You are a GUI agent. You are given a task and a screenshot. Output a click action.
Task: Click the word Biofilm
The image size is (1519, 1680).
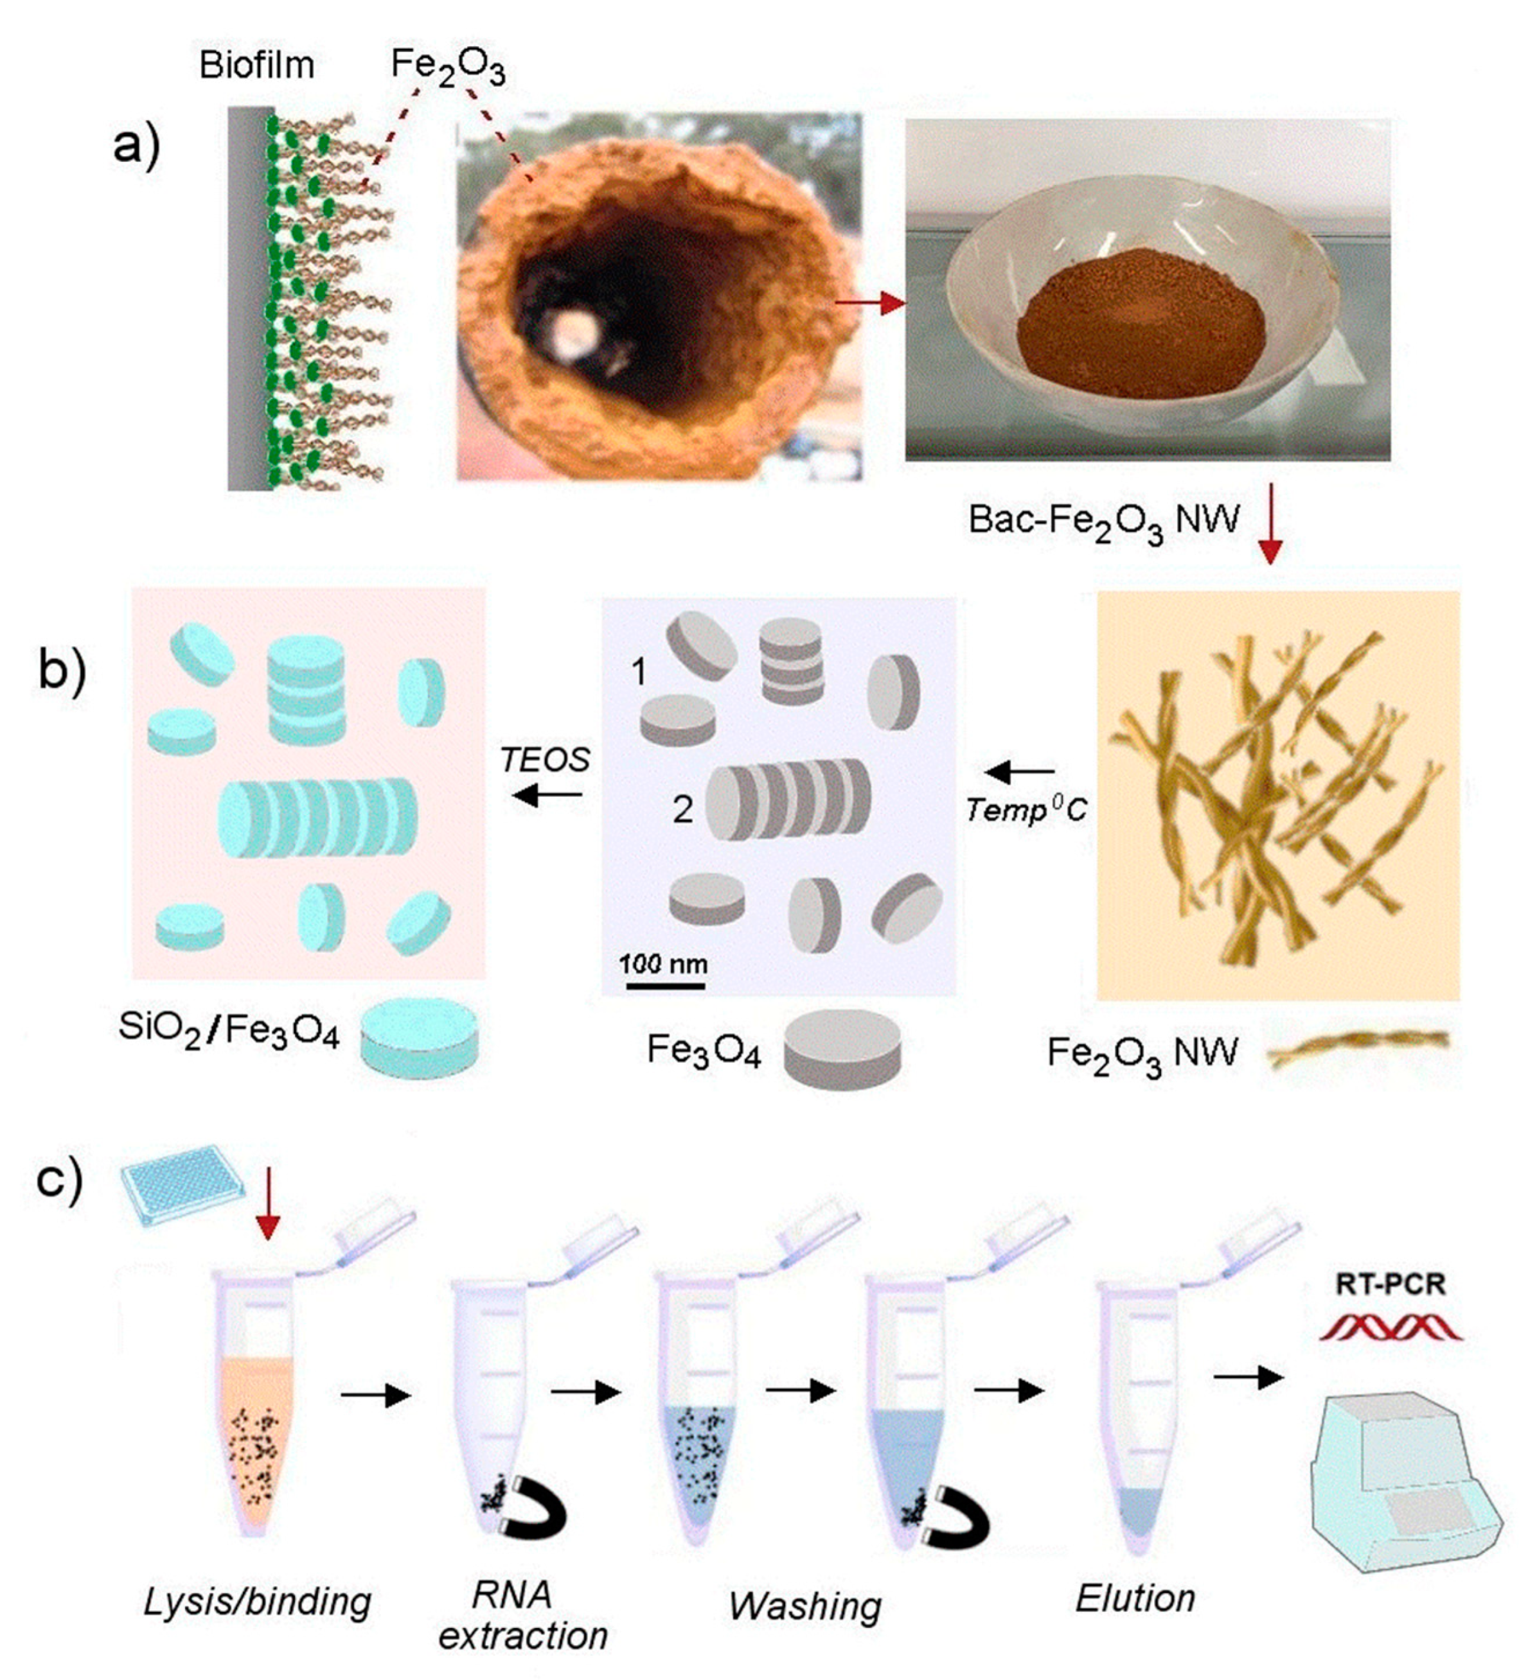(x=257, y=64)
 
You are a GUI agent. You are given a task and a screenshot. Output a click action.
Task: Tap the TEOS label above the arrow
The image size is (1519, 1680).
(x=546, y=759)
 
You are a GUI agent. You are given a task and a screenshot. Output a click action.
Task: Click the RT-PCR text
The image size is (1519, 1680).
(x=1390, y=1284)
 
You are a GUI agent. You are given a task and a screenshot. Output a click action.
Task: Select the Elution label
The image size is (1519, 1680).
(x=1135, y=1598)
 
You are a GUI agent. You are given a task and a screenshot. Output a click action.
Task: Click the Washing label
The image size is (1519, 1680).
(x=804, y=1607)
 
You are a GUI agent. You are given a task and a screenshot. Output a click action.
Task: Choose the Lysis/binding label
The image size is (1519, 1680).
(x=257, y=1601)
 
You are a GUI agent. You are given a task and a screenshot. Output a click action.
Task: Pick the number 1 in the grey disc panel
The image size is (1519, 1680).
(x=639, y=671)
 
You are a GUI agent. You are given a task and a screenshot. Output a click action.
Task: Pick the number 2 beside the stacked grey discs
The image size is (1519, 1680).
(x=682, y=809)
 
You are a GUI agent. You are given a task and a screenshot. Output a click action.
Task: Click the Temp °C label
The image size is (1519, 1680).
(x=1026, y=809)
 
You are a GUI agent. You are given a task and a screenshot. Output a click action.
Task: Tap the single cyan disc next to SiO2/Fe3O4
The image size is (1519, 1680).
(x=420, y=1039)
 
